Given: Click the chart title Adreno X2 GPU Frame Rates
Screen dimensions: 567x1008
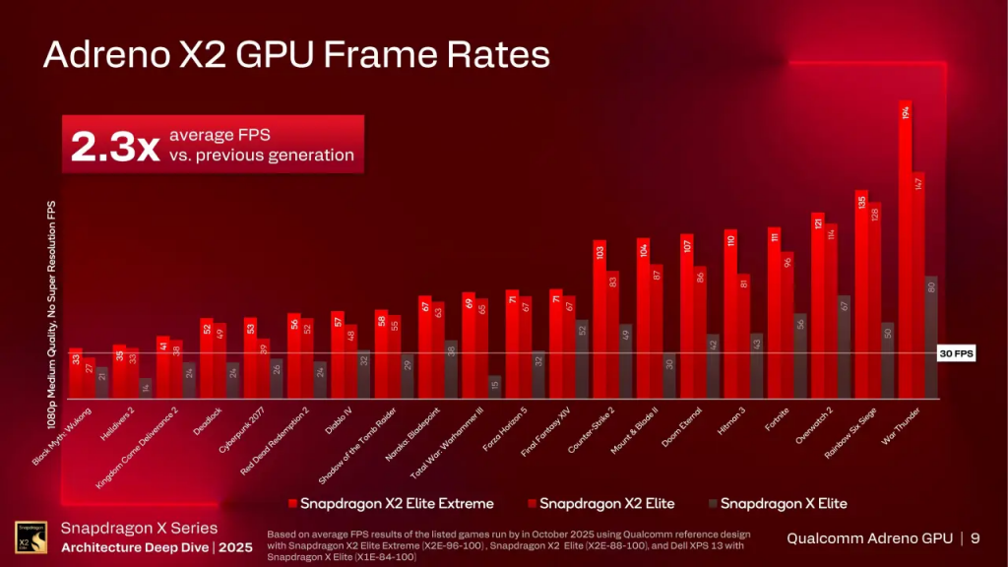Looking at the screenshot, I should coord(295,54).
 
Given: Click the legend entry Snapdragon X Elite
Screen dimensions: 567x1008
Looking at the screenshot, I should coord(784,504).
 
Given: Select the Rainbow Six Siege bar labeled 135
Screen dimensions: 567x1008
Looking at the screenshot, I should coord(861,294).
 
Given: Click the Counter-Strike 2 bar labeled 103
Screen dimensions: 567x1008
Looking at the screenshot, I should coord(598,319).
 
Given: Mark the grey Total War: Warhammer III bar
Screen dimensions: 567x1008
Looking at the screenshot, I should coord(494,387).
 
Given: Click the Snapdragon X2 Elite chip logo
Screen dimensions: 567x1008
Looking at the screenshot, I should coord(26,538).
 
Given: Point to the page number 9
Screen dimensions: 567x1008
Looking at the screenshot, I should coord(975,538).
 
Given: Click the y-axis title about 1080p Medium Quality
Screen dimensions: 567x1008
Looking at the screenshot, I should coord(51,313).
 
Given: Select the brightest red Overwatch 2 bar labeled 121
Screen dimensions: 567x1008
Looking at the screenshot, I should coord(817,305).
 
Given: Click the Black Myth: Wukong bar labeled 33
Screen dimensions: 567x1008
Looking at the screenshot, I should coord(76,373).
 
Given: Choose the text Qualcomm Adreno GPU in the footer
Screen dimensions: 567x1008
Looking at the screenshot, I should coord(870,538).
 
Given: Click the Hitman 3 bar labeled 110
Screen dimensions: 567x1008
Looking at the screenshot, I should coord(730,314).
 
